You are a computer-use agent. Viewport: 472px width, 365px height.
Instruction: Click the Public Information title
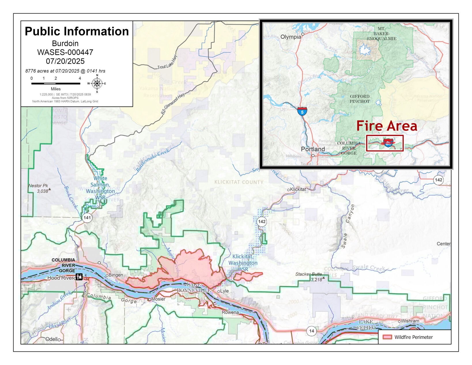tap(77, 31)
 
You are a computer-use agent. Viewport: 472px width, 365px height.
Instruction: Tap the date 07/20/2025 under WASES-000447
tap(65, 61)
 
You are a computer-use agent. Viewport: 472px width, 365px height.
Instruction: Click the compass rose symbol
tap(97, 84)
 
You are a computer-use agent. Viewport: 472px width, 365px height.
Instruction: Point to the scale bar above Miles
tap(56, 84)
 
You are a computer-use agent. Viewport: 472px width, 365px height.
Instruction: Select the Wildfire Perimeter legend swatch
tap(387, 337)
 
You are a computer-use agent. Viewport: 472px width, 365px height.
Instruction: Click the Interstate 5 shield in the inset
tap(302, 111)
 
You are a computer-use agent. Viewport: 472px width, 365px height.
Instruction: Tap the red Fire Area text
tap(387, 126)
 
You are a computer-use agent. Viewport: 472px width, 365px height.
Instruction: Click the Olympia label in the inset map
tap(290, 37)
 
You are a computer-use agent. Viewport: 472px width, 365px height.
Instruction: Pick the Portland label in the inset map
tap(313, 149)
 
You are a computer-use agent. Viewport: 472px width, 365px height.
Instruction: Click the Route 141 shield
tap(87, 218)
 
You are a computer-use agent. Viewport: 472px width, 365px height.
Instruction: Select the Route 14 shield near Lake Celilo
tap(311, 331)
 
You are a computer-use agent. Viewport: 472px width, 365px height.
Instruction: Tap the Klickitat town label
tap(298, 189)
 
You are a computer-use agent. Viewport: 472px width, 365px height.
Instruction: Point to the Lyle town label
tap(224, 291)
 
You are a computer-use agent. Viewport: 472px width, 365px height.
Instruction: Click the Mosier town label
tap(158, 299)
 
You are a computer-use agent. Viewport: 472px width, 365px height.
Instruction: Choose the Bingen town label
tap(116, 275)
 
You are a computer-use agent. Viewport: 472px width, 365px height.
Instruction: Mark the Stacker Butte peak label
tap(308, 274)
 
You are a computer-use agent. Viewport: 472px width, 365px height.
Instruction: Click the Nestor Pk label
tap(38, 186)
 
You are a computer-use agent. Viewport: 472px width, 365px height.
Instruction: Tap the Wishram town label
tap(410, 321)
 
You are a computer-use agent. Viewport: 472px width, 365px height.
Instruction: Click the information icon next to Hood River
tap(79, 277)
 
